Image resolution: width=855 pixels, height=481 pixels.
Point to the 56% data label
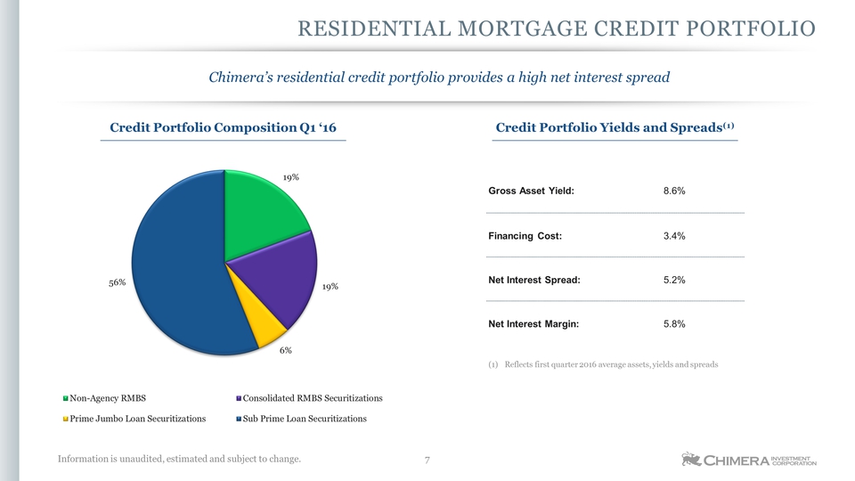click(x=118, y=282)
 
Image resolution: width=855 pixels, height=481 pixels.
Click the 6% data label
click(x=286, y=350)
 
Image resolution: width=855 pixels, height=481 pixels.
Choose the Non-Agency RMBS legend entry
click(x=104, y=398)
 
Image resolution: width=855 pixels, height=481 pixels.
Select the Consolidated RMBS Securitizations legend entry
click(x=309, y=398)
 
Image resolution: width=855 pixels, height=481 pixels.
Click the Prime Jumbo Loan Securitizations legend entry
click(x=134, y=419)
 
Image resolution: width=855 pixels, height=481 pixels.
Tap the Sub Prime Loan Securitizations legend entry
click(x=301, y=419)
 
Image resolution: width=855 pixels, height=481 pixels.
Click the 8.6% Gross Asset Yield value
click(x=674, y=191)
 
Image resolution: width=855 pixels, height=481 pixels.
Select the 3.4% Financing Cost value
click(x=674, y=236)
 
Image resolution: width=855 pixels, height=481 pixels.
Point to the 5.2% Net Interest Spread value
click(x=674, y=281)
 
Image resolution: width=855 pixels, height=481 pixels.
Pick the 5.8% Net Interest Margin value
click(x=674, y=324)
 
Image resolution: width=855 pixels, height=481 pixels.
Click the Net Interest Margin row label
click(x=533, y=324)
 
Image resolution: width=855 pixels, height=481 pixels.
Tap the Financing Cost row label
click(x=525, y=236)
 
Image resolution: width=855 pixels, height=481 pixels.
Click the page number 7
click(x=427, y=461)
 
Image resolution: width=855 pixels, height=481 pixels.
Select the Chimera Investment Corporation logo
click(x=749, y=460)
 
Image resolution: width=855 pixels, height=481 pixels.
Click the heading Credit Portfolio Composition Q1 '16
click(x=223, y=127)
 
